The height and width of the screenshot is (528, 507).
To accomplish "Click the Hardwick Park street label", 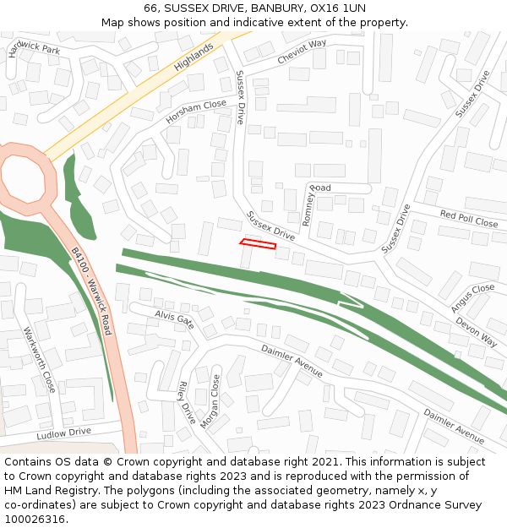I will (35, 50).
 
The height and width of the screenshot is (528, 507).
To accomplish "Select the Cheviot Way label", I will (302, 52).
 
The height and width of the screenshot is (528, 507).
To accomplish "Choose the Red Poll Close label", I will (468, 219).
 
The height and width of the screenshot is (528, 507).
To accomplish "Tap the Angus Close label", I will (472, 298).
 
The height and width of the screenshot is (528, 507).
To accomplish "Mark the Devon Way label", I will (476, 331).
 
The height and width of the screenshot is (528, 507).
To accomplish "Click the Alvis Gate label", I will (174, 318).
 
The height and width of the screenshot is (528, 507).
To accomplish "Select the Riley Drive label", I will (187, 401).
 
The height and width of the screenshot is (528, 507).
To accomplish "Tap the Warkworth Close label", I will (39, 360).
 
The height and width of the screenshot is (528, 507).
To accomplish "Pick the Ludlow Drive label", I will (63, 433).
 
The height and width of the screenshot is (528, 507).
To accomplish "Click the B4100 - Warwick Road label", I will (91, 287).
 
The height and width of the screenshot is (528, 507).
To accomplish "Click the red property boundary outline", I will (258, 244).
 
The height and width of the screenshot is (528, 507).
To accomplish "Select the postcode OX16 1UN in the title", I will (338, 8).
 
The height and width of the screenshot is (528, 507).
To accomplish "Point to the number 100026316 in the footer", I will (35, 520).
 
